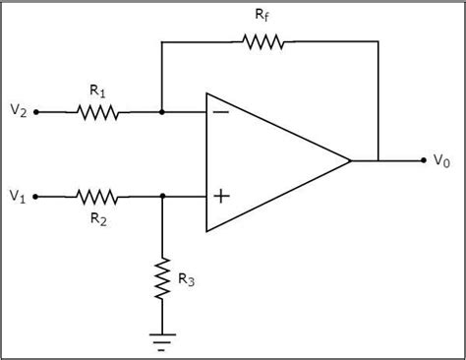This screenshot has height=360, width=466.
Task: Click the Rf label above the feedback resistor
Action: click(x=261, y=16)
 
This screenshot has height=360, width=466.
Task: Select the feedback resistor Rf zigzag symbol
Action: click(x=260, y=41)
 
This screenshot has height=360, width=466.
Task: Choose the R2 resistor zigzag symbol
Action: click(x=97, y=197)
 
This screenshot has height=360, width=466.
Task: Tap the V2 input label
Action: click(x=18, y=112)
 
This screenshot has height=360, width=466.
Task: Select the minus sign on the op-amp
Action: click(x=221, y=112)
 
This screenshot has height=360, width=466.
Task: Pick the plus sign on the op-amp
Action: click(x=221, y=197)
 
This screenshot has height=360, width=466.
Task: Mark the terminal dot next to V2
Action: click(x=36, y=112)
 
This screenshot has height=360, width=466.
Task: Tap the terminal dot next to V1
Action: click(x=36, y=197)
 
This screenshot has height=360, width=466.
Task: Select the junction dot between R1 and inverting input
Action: click(x=162, y=112)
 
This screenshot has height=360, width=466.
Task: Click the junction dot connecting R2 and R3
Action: click(x=162, y=197)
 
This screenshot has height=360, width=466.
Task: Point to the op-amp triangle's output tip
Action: click(x=350, y=160)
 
